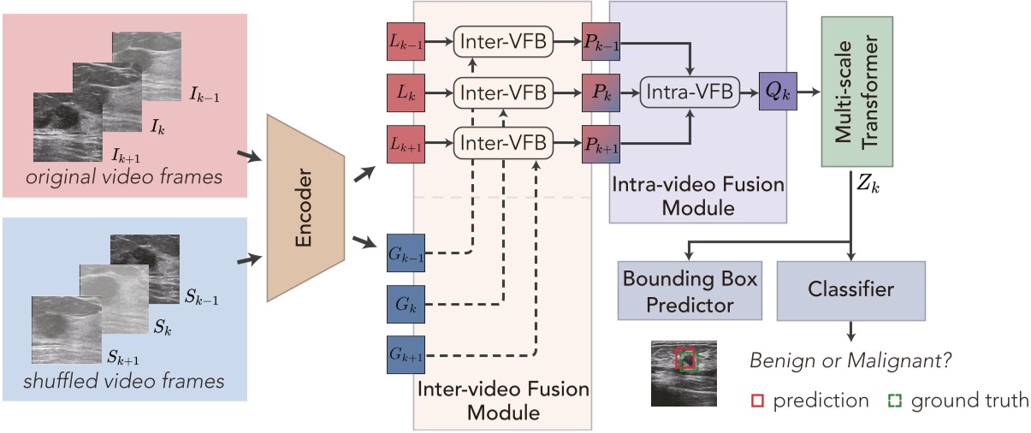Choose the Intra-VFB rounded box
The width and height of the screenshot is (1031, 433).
click(689, 92)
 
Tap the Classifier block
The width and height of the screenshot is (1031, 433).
click(851, 291)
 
